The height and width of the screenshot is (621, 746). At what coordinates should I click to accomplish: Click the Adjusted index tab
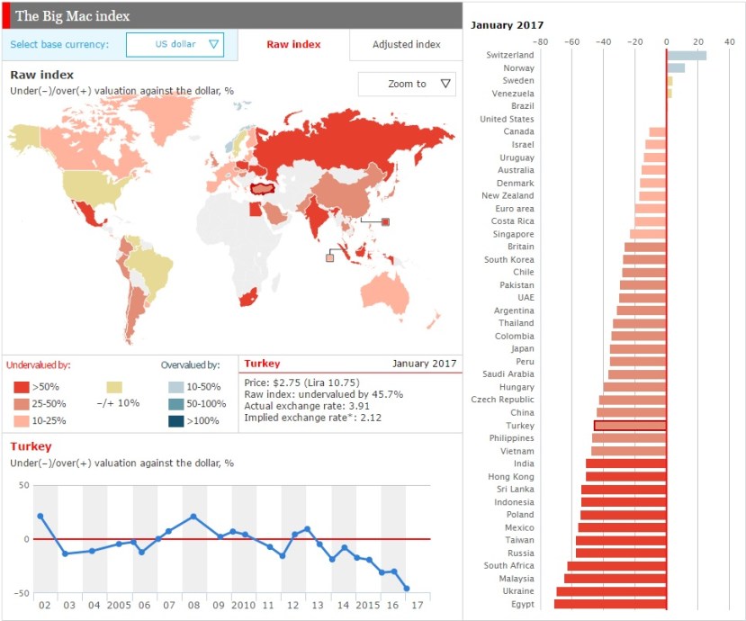click(406, 44)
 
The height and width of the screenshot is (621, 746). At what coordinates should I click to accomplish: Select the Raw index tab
click(293, 44)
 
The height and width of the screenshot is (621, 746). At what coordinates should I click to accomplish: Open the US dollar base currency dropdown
click(175, 44)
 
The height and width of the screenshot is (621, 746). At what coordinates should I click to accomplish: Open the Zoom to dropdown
click(407, 84)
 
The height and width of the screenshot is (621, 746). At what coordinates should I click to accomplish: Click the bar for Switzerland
click(686, 55)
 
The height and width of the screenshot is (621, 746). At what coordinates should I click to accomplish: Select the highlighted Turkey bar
click(630, 426)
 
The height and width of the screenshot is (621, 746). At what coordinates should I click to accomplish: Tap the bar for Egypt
click(610, 604)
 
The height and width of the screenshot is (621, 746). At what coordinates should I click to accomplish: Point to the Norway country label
click(518, 68)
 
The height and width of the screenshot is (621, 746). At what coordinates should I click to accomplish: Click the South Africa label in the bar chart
click(508, 566)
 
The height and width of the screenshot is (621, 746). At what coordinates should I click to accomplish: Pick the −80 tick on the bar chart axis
click(540, 40)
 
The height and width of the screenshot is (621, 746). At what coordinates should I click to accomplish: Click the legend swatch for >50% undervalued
click(21, 386)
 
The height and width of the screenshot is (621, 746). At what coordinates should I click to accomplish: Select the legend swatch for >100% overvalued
click(175, 420)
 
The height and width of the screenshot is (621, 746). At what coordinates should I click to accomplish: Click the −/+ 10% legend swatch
click(114, 386)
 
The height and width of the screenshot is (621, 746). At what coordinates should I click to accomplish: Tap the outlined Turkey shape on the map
click(264, 187)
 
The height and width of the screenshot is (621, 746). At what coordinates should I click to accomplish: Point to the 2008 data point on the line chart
click(193, 517)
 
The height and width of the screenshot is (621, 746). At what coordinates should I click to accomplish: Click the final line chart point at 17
click(407, 589)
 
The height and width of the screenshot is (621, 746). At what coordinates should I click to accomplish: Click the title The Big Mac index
click(72, 16)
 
